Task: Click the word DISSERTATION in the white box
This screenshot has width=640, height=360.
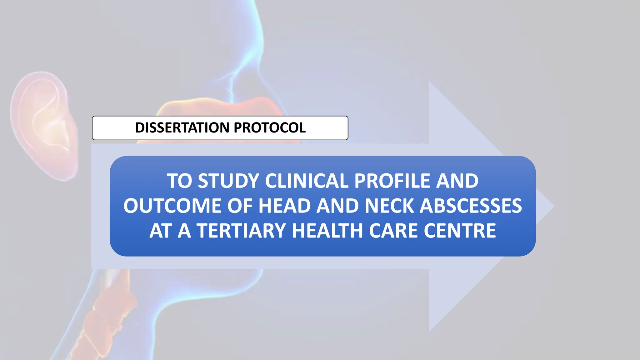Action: [x=182, y=127]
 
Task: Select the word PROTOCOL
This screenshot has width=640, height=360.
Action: [x=270, y=127]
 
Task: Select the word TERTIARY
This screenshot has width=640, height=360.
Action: [x=242, y=231]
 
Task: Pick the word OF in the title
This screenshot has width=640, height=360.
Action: [x=240, y=206]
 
